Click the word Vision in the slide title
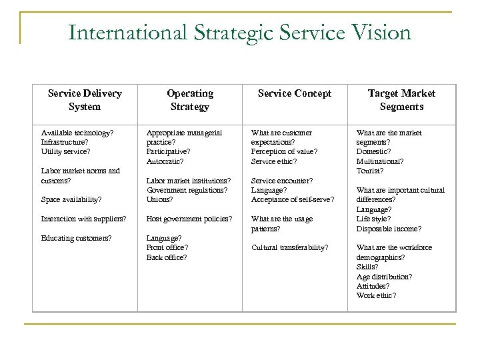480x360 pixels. (378, 31)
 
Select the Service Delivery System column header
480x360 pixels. (85, 100)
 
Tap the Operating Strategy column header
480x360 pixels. (190, 100)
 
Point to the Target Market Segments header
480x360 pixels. (401, 100)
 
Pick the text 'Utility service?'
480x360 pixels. (65, 151)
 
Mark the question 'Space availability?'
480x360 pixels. (71, 199)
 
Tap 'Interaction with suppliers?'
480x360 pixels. (83, 219)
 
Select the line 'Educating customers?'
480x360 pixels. (76, 238)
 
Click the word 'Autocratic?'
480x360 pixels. (165, 161)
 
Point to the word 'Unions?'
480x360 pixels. (159, 199)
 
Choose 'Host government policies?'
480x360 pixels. (189, 219)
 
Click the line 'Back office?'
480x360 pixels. (167, 257)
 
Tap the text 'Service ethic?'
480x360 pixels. (274, 161)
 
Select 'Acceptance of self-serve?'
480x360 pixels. (293, 199)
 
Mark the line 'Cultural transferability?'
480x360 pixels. (289, 247)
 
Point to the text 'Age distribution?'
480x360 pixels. (384, 276)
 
